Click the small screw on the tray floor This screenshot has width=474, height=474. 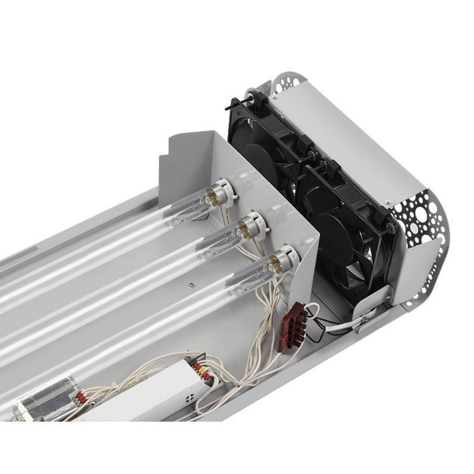coord(190,284)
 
